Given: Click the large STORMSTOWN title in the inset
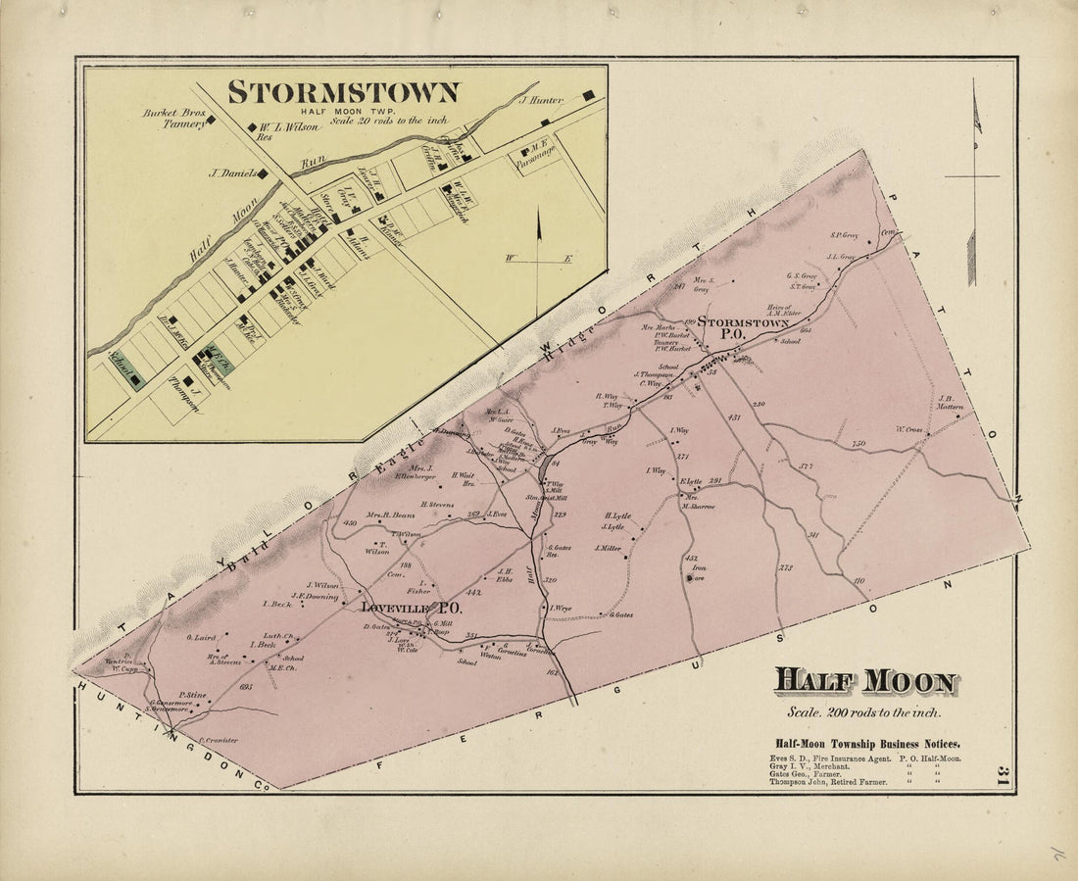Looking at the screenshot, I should click(x=343, y=92).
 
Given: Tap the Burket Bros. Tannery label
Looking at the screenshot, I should click(x=174, y=119).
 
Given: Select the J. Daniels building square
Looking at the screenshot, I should click(x=263, y=173).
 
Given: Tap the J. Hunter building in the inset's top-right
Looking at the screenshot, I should click(x=589, y=95).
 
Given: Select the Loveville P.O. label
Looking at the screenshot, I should click(x=412, y=608).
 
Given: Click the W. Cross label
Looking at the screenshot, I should click(x=909, y=429).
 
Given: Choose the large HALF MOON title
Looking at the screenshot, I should click(x=865, y=681).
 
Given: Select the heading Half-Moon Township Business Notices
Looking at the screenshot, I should click(x=867, y=744).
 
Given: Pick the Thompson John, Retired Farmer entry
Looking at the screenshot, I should click(x=829, y=782).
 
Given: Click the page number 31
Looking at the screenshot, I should click(x=1001, y=777).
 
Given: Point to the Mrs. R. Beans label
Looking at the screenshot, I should click(x=389, y=514).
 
